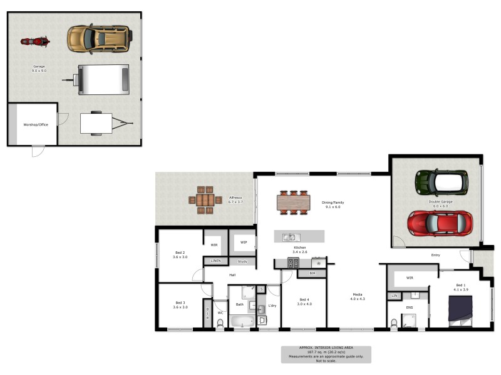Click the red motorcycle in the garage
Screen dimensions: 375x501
[35, 42]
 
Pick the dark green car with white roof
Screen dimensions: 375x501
[442, 182]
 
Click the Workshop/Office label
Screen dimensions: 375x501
[36, 124]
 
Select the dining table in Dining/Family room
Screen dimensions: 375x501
[293, 202]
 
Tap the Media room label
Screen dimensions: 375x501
[357, 297]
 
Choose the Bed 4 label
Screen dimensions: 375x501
[304, 301]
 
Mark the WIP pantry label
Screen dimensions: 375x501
[243, 242]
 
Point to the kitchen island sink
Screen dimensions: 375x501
[290, 237]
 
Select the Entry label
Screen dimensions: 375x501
[436, 255]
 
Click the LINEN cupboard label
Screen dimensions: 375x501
[215, 261]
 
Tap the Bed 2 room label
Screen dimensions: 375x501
[180, 254]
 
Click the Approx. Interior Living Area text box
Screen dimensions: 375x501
[326, 354]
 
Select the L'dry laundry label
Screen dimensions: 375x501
[272, 305]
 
